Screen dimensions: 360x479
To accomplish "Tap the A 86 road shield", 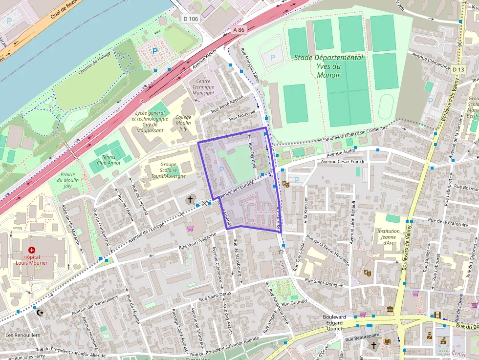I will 238,30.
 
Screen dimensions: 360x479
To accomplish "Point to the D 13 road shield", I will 458,69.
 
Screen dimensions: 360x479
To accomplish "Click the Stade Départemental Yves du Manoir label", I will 328,66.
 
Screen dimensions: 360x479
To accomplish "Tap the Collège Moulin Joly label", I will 183,123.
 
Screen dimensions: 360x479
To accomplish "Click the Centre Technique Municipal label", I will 203,87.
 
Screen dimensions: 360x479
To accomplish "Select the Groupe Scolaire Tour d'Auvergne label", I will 168,170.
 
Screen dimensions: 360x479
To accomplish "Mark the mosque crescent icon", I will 40,312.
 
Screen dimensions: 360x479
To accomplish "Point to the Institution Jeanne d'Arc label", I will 389,237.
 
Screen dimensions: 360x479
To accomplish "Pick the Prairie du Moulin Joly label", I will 67,180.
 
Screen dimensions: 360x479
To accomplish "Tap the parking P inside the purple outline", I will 221,169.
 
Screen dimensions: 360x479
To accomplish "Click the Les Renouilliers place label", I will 22,335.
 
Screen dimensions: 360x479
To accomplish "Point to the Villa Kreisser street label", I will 306,213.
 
